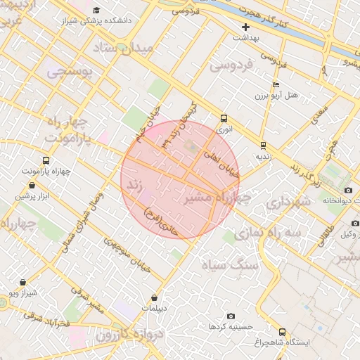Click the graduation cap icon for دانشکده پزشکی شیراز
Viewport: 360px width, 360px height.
coord(96,10)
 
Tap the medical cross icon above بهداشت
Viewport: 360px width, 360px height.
coord(245,27)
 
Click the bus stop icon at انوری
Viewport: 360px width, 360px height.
coord(224,119)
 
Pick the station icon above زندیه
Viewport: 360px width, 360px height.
coord(263,146)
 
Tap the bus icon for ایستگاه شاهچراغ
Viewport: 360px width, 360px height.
coord(283,332)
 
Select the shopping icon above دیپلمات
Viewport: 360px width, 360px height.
coord(153,298)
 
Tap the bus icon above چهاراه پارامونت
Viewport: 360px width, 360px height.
coord(46,160)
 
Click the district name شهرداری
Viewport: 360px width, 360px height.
coord(288,202)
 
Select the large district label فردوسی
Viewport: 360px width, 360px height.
coord(231,66)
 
